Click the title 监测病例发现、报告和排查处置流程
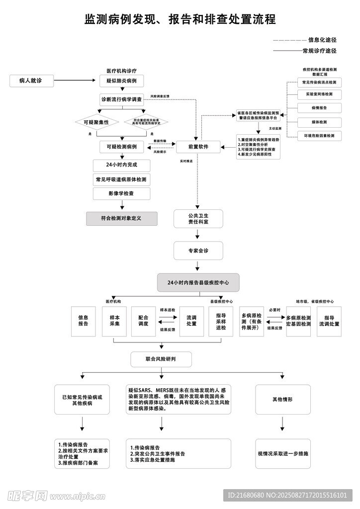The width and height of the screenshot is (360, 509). [x=180, y=19]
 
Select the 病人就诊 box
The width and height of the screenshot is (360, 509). [x=31, y=80]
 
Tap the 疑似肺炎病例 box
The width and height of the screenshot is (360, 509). [x=121, y=80]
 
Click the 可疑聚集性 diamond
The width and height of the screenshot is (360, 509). [x=96, y=122]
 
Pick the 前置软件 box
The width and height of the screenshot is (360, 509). [x=198, y=147]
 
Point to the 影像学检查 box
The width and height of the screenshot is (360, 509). [x=121, y=193]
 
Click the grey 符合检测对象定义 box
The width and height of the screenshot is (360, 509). [x=121, y=218]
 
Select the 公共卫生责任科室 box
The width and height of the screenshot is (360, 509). [x=198, y=219]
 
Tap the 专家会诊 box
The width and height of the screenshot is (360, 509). [x=198, y=251]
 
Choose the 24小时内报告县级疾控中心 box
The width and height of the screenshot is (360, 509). [x=198, y=282]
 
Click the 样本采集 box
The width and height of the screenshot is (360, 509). [x=114, y=321]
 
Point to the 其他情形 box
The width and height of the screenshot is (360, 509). [x=282, y=399]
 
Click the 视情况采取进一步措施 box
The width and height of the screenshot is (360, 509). [x=282, y=454]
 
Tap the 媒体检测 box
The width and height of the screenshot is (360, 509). [x=319, y=122]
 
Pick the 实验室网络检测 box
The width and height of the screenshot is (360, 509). [x=319, y=94]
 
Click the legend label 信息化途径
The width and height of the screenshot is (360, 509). [x=322, y=40]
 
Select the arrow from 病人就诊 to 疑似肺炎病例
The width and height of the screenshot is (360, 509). [x=75, y=80]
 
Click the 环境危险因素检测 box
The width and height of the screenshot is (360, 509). [x=319, y=136]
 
